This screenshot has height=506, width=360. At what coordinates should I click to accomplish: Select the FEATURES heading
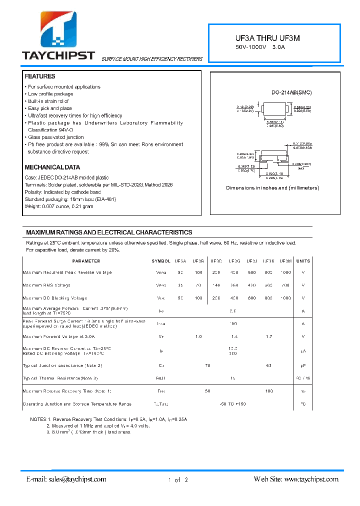[40, 76]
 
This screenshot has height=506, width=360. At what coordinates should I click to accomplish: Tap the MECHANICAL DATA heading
[52, 167]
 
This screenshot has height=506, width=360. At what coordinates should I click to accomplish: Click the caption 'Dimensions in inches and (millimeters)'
[272, 188]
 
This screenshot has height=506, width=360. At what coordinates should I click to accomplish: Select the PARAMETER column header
[86, 261]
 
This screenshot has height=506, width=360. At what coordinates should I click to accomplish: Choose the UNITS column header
[303, 261]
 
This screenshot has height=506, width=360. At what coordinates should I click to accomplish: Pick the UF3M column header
[285, 261]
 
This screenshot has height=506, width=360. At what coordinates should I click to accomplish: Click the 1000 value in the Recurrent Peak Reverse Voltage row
[285, 272]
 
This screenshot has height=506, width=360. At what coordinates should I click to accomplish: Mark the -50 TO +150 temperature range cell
[233, 403]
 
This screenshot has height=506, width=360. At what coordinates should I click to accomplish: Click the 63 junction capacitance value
[269, 365]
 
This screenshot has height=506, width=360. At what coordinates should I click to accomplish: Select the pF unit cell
[303, 365]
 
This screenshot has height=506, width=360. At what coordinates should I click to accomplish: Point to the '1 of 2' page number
[178, 480]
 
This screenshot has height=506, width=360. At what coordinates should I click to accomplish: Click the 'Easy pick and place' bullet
[50, 108]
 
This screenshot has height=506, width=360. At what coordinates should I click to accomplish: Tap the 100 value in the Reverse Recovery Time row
[269, 390]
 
